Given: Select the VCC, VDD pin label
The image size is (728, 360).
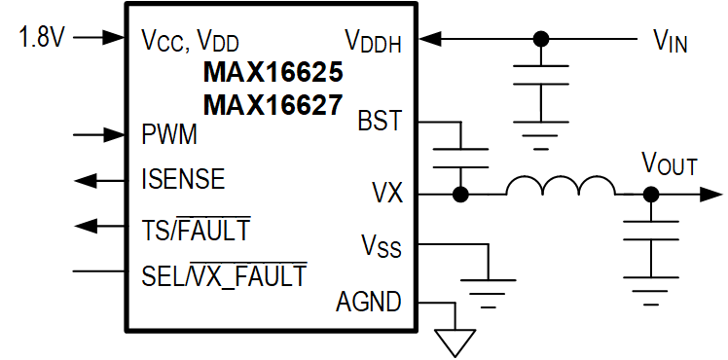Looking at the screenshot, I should point(190,41).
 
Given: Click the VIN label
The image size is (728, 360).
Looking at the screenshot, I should point(671,41).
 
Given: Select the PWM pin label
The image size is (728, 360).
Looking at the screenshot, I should point(170,133).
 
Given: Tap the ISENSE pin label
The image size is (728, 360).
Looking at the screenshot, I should point(183,179).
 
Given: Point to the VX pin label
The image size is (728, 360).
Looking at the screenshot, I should point(386,192).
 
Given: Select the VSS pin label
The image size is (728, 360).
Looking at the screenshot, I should point(382,247).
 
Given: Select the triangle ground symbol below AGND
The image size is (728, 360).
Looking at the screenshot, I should point(455,342).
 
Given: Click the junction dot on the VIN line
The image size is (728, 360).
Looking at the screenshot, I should point(541,40).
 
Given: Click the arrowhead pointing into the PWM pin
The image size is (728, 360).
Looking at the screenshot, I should point(116,133).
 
